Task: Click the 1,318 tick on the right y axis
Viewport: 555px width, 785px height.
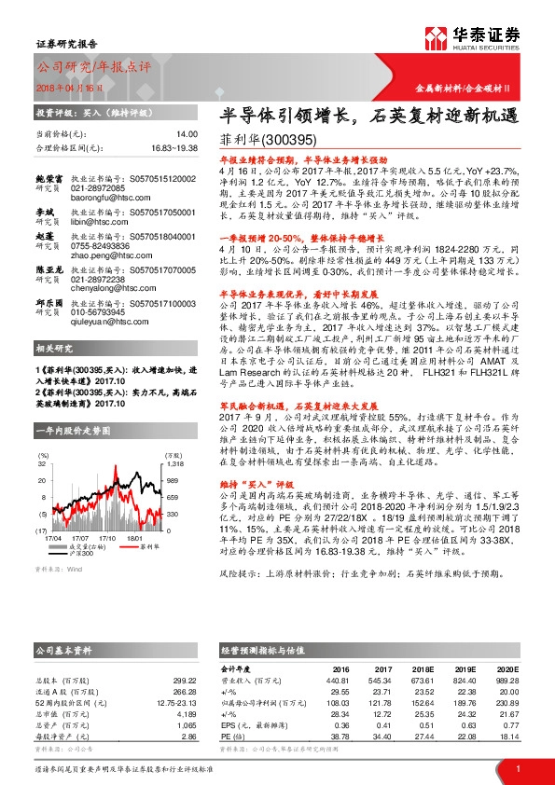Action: point(175,463)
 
